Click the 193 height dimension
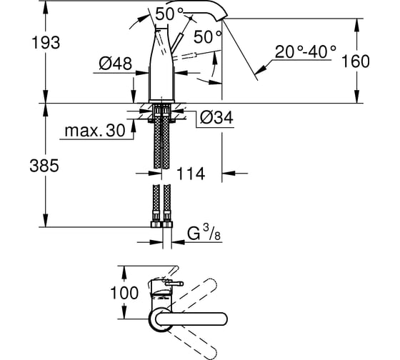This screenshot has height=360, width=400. click(x=46, y=43)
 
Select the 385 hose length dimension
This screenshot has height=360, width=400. click(x=44, y=165)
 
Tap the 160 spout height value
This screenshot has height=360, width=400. click(x=355, y=61)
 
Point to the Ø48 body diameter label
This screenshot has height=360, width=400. click(x=116, y=64)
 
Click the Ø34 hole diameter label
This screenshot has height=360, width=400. click(x=216, y=118)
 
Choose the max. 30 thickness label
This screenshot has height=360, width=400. click(x=95, y=131)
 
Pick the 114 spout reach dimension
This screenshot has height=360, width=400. click(x=191, y=174)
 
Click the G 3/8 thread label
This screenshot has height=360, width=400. click(x=204, y=233)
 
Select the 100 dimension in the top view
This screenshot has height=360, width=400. click(x=124, y=293)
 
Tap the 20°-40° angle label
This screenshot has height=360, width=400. click(x=306, y=52)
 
